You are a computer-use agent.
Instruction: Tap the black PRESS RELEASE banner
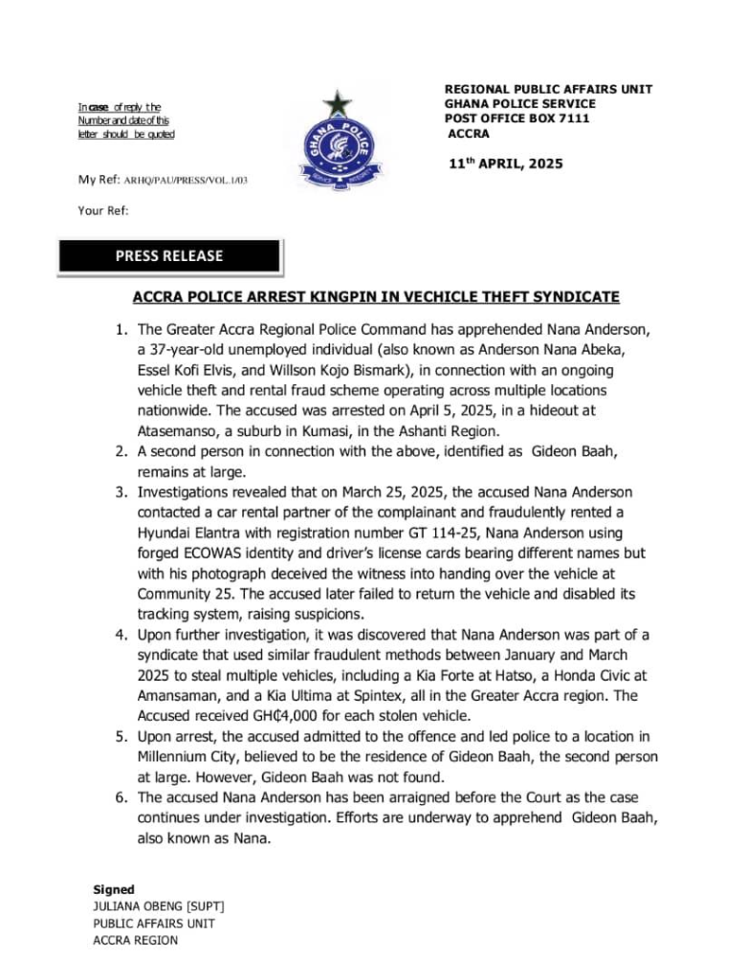(169, 256)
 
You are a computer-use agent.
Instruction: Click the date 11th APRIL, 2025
(506, 163)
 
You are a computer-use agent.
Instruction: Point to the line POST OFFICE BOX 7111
(516, 119)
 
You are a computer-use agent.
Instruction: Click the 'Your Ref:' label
(103, 209)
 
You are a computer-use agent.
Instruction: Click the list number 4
(121, 635)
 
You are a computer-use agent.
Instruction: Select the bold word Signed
(114, 890)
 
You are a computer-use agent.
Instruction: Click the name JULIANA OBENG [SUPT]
(159, 906)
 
